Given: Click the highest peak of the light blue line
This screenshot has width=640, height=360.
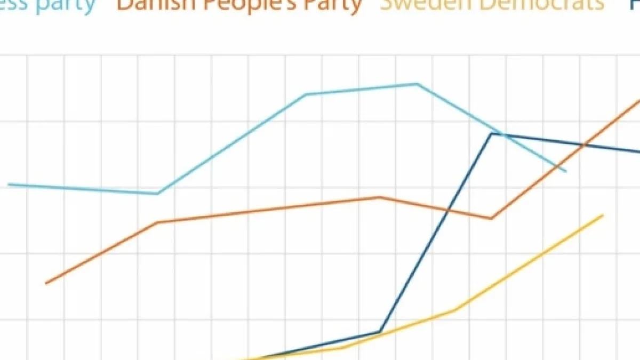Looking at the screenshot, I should point(417,84).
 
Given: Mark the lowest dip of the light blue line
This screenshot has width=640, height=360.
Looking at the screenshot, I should point(157,194).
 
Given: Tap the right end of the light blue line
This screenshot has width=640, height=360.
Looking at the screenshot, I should point(566,171).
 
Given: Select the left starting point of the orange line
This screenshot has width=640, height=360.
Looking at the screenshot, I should point(46,283).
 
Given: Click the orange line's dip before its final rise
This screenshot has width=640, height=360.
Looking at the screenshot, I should point(491,218).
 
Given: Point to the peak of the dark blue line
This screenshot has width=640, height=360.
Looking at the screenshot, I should point(491,133).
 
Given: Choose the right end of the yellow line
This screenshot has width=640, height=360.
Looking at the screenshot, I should point(603,215).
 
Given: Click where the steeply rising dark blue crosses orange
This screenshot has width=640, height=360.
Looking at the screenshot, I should point(447,210).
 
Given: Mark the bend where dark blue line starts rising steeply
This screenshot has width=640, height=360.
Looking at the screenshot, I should point(380,331).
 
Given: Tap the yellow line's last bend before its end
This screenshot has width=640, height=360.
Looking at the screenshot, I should point(454,309).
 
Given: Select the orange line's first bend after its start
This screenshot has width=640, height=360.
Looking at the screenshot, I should point(157,222).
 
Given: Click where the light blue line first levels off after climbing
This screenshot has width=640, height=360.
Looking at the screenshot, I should point(306,95).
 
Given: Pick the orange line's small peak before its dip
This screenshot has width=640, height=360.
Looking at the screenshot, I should point(379,197).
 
